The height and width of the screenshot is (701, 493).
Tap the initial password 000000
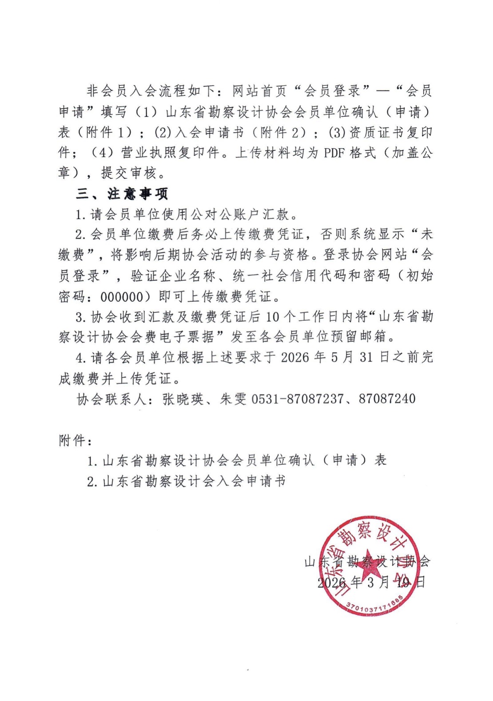coord(128,297)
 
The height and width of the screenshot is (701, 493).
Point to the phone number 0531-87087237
coord(297,398)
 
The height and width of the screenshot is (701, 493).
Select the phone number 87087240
coord(387,398)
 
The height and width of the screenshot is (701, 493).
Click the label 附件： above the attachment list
coord(76,441)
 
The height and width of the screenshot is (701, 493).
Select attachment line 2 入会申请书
coord(187,481)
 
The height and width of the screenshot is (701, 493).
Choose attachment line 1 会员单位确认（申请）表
coord(237,461)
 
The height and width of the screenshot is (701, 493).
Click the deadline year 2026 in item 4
coord(295,358)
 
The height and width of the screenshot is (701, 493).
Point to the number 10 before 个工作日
coord(274,317)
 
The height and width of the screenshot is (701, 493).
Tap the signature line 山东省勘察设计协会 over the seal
coord(367,562)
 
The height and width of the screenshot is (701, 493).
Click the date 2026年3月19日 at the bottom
coord(371,582)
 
